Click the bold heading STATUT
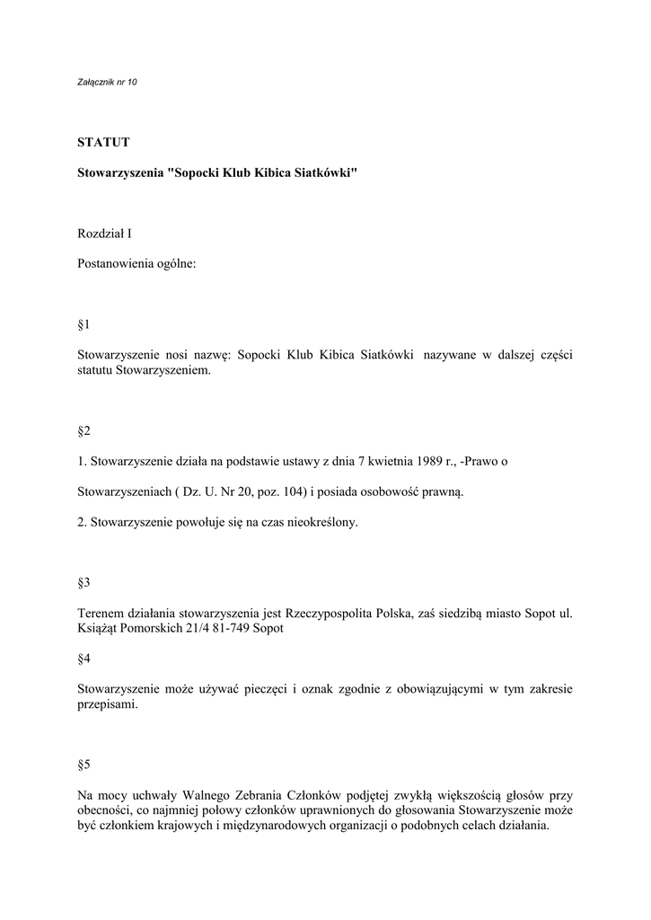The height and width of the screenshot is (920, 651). [104, 142]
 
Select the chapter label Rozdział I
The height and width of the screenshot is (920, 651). [105, 234]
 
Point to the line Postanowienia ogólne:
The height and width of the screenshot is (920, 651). [136, 264]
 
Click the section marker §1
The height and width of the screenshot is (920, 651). [84, 324]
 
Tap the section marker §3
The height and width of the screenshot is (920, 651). [84, 583]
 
